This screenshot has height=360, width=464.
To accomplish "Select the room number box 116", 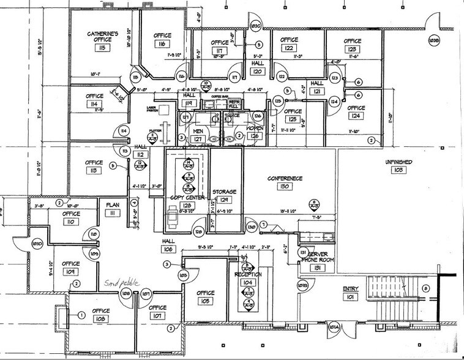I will [x=162, y=45].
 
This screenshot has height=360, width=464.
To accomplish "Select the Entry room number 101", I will [x=350, y=298].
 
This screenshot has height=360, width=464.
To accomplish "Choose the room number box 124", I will [x=356, y=116].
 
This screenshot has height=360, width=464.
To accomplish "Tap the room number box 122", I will [x=289, y=48].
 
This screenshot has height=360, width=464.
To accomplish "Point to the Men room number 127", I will [x=198, y=139].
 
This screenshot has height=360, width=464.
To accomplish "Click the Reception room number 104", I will [x=248, y=283].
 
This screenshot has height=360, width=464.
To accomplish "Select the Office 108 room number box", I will [x=100, y=319].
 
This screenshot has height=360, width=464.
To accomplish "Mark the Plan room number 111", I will [x=113, y=212].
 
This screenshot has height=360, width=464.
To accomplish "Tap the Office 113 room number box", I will [x=94, y=171].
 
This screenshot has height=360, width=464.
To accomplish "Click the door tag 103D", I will [x=37, y=244].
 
